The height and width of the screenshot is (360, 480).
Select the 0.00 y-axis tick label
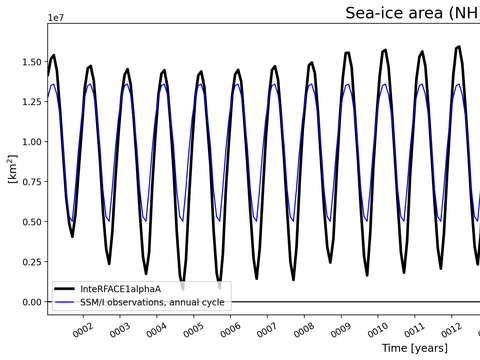click(27, 302)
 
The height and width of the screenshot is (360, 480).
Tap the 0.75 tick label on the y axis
click(27, 182)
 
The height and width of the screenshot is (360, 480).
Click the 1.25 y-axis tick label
click(27, 102)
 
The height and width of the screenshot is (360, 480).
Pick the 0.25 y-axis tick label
click(27, 262)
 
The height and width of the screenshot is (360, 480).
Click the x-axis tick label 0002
click(81, 328)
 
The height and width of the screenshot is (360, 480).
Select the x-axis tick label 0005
click(192, 328)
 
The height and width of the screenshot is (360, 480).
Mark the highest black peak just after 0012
click(459, 47)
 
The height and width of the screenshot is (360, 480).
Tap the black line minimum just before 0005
click(182, 285)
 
